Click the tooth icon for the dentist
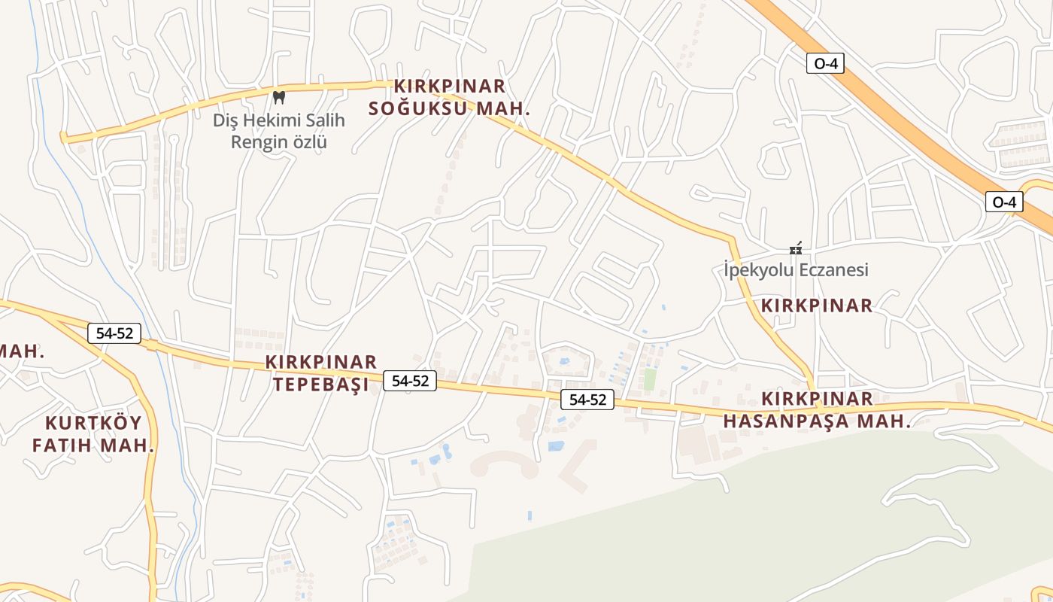279,97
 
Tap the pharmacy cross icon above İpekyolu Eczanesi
796,248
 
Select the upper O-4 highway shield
825,64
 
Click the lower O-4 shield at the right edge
1004,202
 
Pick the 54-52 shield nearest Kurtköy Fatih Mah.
114,333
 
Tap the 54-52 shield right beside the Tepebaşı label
410,381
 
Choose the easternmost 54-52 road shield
587,400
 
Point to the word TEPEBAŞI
320,385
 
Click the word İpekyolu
753,270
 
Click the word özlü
308,141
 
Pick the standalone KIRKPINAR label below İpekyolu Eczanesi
817,306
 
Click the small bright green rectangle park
650,379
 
